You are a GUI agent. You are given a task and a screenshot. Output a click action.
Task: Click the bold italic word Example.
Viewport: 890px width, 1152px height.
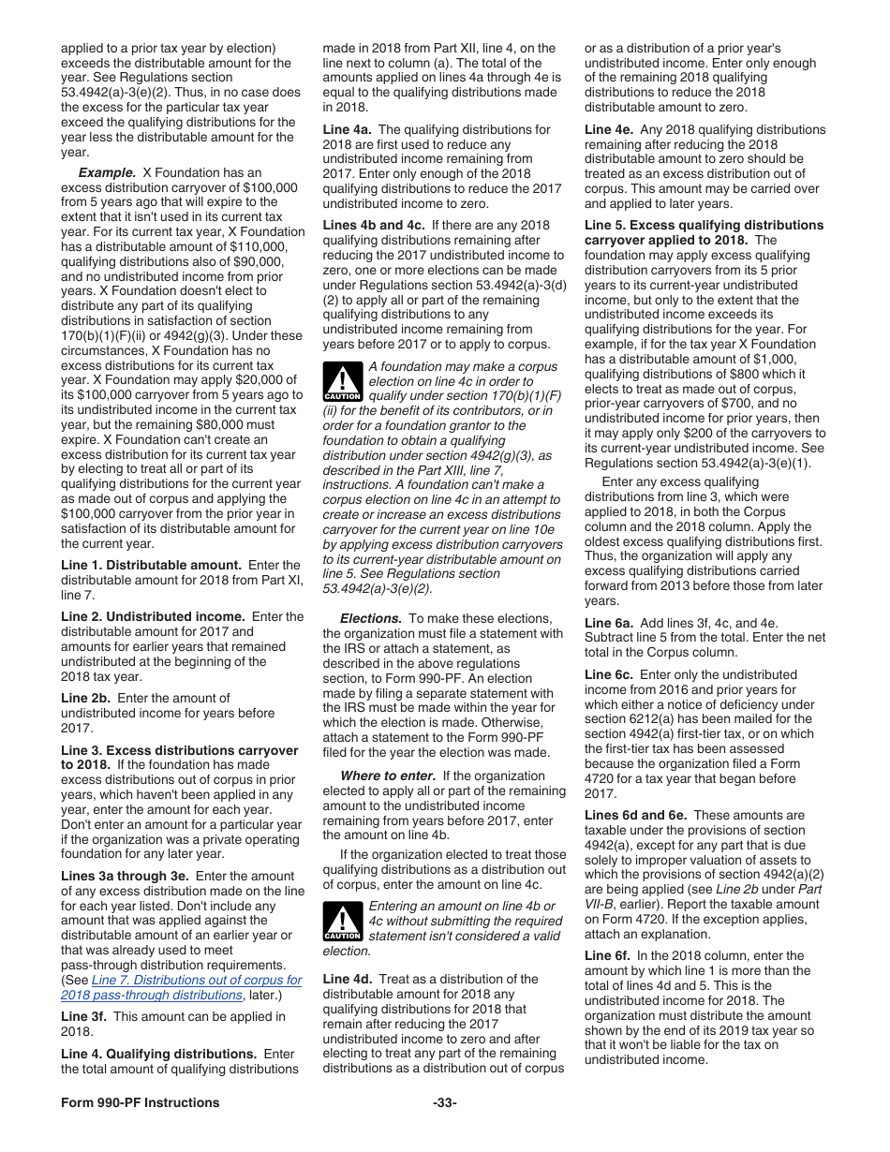point(107,172)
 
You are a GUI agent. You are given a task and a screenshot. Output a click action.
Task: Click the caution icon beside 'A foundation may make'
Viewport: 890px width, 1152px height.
point(342,382)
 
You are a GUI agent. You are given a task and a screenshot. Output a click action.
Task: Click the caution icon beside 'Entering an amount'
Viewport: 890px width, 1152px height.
point(342,922)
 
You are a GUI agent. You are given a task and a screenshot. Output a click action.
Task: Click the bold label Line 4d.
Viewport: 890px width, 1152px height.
point(347,979)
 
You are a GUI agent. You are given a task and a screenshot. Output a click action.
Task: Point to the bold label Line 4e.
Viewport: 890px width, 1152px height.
point(609,129)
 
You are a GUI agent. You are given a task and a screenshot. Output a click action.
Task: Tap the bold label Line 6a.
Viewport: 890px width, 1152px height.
point(609,623)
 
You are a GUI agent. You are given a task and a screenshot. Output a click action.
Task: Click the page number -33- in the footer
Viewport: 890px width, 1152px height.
point(445,1102)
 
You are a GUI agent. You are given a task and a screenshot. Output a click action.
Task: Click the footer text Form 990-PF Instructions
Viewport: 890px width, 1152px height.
point(141,1102)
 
